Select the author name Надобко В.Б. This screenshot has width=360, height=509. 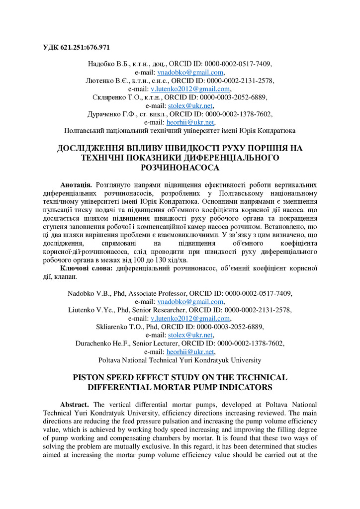tap(107, 64)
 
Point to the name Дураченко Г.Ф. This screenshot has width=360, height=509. tap(110, 114)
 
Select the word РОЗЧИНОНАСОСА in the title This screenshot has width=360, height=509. tap(180, 168)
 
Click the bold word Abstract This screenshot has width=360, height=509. tap(76, 405)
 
